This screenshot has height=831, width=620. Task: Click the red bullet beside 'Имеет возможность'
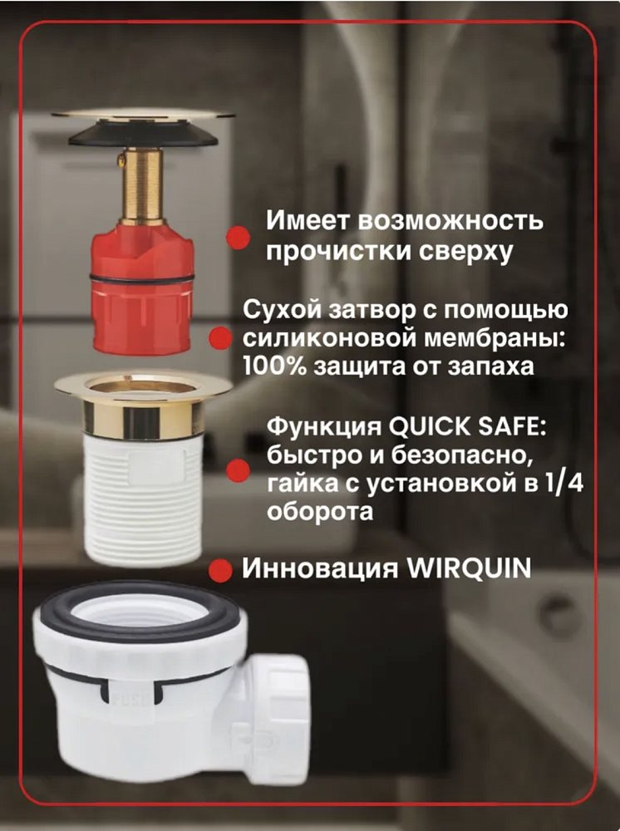[238, 237]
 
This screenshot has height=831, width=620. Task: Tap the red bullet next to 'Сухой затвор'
[220, 338]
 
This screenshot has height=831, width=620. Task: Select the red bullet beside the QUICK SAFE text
[238, 470]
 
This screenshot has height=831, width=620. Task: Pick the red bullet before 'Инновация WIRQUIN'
[220, 571]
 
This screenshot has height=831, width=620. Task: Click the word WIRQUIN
[468, 568]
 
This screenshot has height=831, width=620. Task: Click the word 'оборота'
[319, 512]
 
